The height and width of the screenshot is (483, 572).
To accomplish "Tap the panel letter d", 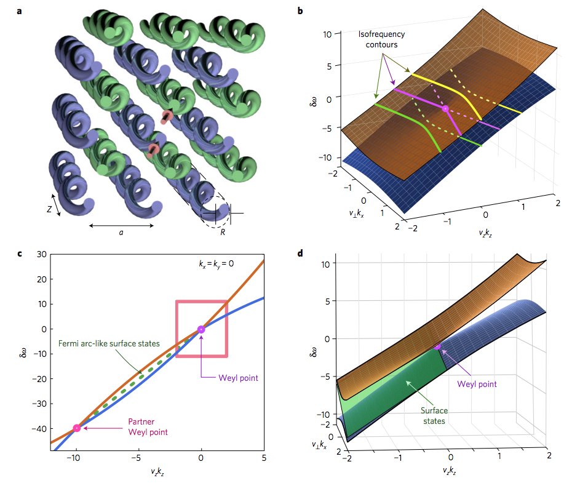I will pyautogui.click(x=300, y=252).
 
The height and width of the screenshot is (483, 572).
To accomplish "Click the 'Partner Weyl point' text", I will pyautogui.click(x=146, y=426).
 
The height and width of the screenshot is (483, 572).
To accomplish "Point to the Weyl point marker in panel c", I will pyautogui.click(x=201, y=329).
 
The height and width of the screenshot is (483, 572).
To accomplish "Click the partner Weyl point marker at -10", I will pyautogui.click(x=77, y=428).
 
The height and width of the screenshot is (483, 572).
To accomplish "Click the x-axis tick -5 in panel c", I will pyautogui.click(x=138, y=458).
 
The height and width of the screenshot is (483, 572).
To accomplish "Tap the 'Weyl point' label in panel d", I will pyautogui.click(x=476, y=383).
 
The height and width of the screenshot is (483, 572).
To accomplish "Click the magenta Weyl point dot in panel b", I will pyautogui.click(x=445, y=109).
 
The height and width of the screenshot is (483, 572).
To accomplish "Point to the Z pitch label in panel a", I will pyautogui.click(x=49, y=209).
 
